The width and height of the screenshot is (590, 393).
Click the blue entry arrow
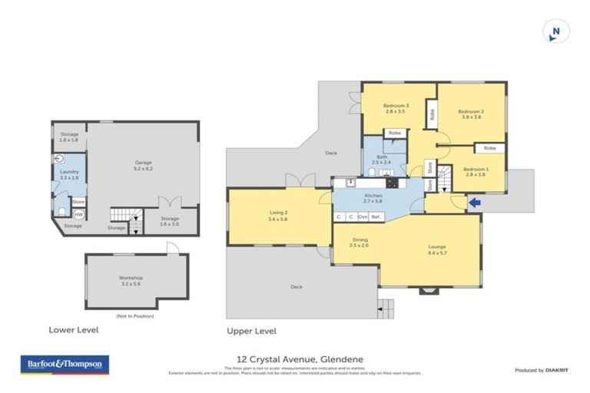476,203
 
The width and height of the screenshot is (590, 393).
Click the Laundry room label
70,174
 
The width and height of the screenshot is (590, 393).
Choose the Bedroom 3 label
396,108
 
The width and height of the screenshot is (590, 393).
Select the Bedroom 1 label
476,171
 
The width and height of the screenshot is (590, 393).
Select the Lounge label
436,250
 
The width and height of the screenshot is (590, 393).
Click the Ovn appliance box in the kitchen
363,217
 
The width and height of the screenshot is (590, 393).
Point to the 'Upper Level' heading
251,331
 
